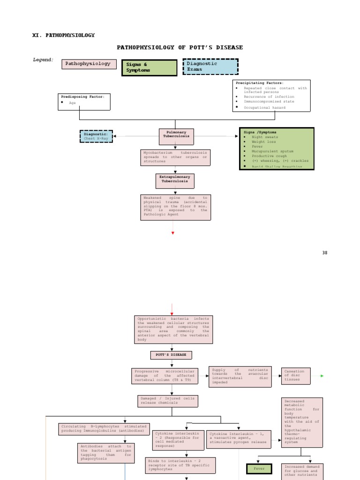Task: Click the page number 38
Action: point(325,253)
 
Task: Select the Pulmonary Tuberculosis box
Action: point(176,134)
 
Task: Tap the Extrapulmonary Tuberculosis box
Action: point(175,180)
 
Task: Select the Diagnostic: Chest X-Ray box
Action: point(96,136)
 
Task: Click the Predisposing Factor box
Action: point(84,101)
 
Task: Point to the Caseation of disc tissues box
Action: point(297,375)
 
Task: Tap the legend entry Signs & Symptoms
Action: point(149,67)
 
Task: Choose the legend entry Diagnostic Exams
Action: point(210,67)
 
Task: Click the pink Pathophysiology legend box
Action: point(89,64)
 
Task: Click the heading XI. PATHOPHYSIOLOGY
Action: point(63,35)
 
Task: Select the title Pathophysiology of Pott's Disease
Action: point(180,47)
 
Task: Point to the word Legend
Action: point(43,60)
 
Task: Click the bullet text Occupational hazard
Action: point(264,107)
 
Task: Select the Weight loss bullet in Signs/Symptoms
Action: point(264,142)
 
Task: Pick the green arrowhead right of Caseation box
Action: point(321,376)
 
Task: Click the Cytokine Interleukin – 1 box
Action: point(239,437)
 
